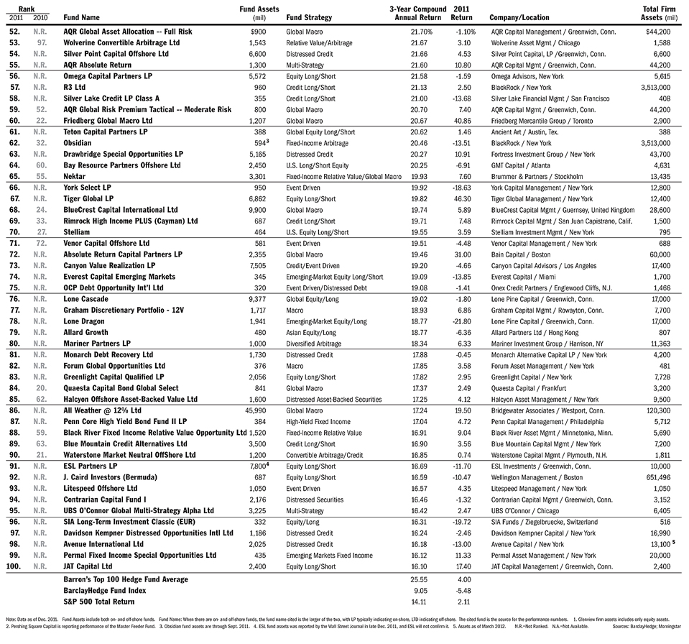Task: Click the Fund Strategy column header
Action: tap(309, 17)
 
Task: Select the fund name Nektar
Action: tap(75, 176)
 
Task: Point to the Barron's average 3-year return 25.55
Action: tap(420, 579)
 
